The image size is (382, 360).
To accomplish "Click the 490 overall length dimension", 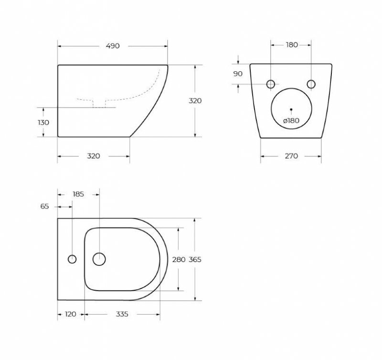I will pyautogui.click(x=112, y=46).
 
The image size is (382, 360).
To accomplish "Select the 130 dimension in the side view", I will pyautogui.click(x=43, y=122).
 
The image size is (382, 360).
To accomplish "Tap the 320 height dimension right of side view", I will pyautogui.click(x=195, y=101).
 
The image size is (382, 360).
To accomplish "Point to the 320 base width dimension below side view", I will pyautogui.click(x=94, y=156).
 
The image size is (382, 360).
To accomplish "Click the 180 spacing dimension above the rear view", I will pyautogui.click(x=291, y=45).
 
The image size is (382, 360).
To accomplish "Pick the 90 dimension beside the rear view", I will pyautogui.click(x=238, y=74).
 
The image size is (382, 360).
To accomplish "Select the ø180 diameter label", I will pyautogui.click(x=291, y=120).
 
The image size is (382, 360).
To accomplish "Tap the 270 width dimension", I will pyautogui.click(x=291, y=156).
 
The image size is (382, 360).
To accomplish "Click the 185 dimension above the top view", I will pyautogui.click(x=78, y=194).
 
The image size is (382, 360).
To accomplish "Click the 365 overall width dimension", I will pyautogui.click(x=195, y=260).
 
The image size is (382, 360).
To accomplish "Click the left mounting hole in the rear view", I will pyautogui.click(x=271, y=84).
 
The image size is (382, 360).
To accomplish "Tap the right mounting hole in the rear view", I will pyautogui.click(x=311, y=84).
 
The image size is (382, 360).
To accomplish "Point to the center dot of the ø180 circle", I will pyautogui.click(x=291, y=109).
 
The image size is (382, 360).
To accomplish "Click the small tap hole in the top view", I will pyautogui.click(x=72, y=259).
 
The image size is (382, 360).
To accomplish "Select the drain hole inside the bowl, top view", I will pyautogui.click(x=99, y=259).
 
